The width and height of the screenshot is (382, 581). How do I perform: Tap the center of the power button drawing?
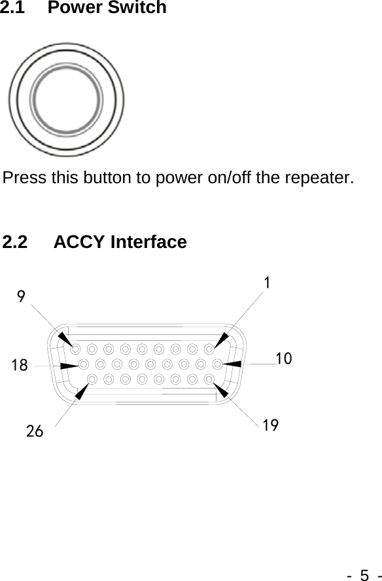click(x=67, y=100)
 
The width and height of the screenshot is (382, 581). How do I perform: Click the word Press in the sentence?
click(x=22, y=177)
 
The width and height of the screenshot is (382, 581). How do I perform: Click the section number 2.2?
click(x=16, y=242)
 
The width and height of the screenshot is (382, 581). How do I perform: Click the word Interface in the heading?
click(x=148, y=242)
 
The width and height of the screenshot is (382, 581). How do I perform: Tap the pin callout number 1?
click(x=268, y=282)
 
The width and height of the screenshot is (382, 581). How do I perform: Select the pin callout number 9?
click(x=22, y=297)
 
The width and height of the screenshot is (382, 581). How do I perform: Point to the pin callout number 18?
click(x=20, y=365)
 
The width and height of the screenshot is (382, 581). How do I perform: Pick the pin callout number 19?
click(x=271, y=426)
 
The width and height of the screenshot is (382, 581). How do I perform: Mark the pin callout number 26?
click(x=35, y=431)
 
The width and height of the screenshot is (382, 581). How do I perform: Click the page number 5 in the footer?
click(x=365, y=574)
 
